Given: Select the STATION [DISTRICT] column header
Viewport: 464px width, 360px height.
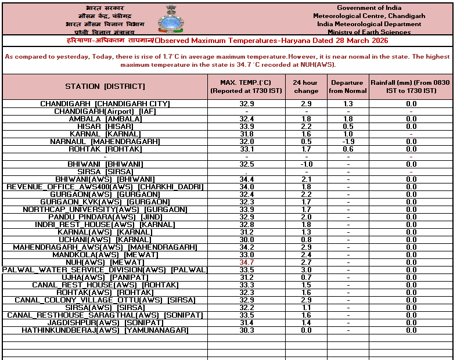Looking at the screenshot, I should pos(105,87).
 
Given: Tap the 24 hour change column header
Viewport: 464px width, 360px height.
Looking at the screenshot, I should pos(305,87).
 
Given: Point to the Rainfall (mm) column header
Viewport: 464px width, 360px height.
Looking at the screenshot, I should pos(411,87).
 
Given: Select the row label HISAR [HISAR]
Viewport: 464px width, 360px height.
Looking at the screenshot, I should pos(105,127).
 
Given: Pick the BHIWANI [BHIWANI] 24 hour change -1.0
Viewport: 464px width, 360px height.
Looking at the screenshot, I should pos(305,164).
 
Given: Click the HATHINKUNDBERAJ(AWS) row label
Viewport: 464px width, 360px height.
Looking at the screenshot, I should pos(105,330).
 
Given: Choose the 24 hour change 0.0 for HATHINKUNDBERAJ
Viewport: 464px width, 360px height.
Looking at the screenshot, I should pos(305,330).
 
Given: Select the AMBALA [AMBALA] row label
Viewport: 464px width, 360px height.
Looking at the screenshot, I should pos(105,119).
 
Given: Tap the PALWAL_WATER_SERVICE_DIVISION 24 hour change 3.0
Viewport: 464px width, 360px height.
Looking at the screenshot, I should pos(305,270).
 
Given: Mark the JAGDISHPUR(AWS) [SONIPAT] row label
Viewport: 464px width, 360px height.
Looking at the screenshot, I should pos(105,323).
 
